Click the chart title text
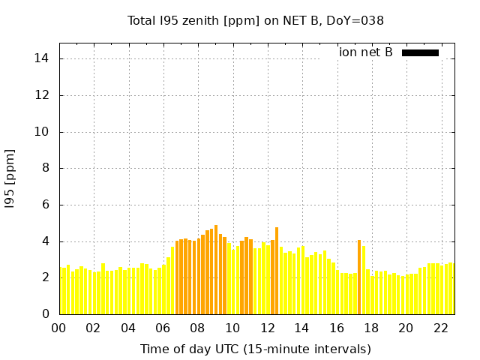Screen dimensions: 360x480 [x=256, y=21]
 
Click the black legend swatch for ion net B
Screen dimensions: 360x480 [x=420, y=52]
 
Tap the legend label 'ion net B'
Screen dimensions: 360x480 [x=365, y=52]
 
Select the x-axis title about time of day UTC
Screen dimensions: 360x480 [x=256, y=349]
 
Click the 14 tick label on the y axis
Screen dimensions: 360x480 [x=43, y=58]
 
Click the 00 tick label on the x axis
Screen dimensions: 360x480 [x=59, y=328]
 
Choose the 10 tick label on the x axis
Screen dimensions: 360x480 [x=232, y=328]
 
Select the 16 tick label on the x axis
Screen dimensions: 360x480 [x=336, y=328]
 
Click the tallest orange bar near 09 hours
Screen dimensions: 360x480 [x=216, y=270]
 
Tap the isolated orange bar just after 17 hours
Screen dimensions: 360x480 [x=359, y=277]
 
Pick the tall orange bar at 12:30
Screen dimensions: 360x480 [x=277, y=271]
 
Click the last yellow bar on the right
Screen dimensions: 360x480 [x=451, y=289]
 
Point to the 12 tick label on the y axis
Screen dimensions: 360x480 [x=43, y=95]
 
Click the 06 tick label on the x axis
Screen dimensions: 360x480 [x=163, y=328]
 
